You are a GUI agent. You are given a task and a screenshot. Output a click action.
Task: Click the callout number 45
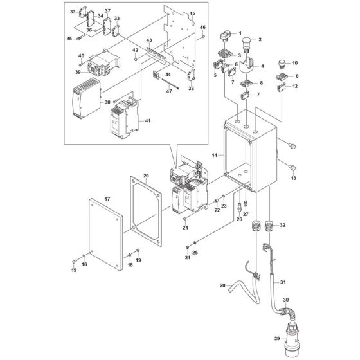coord(193,15)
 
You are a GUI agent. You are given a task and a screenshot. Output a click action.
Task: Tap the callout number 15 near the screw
coord(73,269)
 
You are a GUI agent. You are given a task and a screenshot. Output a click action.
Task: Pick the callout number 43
coord(149,40)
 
